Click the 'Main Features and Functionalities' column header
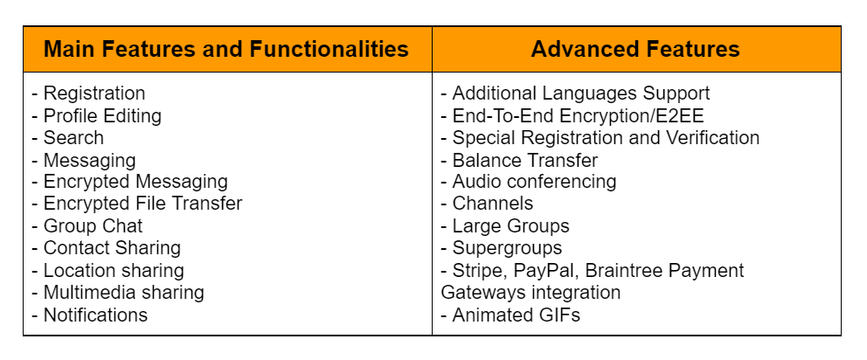click(226, 49)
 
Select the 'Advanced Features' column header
click(635, 49)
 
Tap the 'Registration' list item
click(94, 93)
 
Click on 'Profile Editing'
click(102, 115)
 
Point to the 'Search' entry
click(73, 137)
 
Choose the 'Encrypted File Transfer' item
click(142, 204)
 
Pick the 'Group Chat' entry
click(93, 225)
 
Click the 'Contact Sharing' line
click(112, 248)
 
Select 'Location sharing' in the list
click(114, 270)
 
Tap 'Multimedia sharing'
click(124, 292)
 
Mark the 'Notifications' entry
click(95, 315)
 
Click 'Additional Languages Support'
click(581, 93)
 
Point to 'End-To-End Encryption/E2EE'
click(579, 115)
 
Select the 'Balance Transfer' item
click(525, 160)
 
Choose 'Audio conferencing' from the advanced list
click(534, 182)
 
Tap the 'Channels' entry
click(493, 204)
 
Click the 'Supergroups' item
click(507, 248)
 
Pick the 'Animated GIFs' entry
click(517, 315)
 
